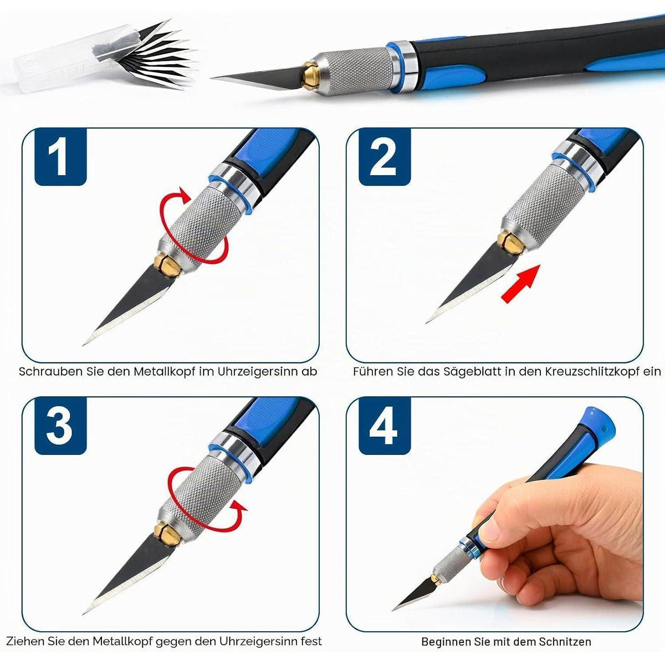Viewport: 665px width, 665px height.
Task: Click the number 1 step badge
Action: point(60,157)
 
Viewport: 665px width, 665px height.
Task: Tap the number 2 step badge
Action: point(385,157)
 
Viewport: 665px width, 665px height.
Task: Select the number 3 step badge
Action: point(60,426)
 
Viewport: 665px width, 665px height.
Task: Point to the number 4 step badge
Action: point(385,426)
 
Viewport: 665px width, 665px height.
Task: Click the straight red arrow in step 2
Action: point(520,284)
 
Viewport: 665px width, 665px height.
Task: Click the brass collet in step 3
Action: point(167,535)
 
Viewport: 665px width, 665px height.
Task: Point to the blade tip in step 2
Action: point(427,322)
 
